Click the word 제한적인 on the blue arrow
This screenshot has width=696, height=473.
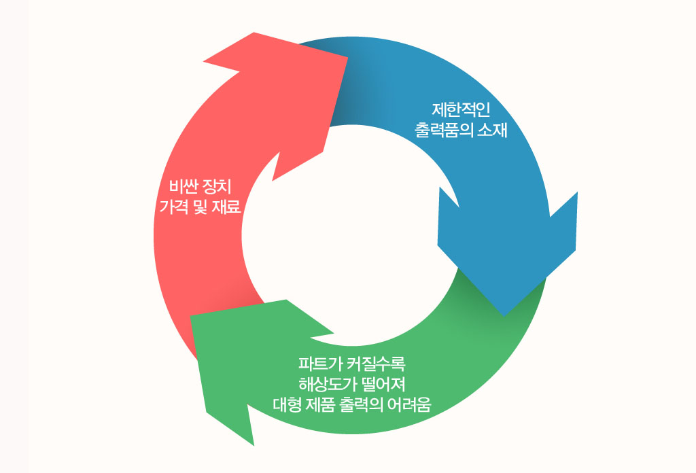coord(461,109)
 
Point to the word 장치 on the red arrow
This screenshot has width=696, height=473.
coord(219,186)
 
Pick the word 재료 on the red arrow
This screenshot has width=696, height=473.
coord(228,207)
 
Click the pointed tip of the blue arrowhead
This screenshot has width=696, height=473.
coord(504,315)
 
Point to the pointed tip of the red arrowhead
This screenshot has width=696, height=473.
coord(348,56)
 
